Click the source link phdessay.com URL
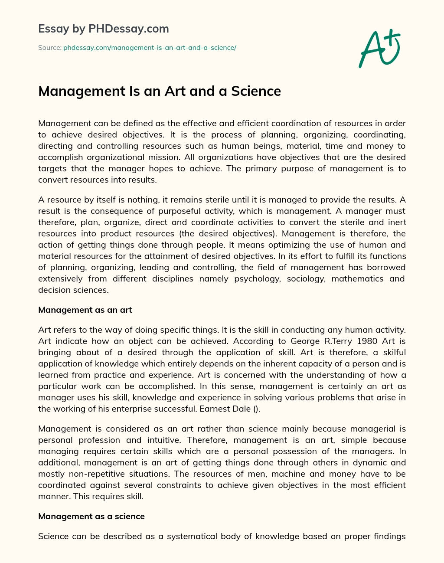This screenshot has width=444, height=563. pyautogui.click(x=150, y=48)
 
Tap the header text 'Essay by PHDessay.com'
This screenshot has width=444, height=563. pyautogui.click(x=104, y=29)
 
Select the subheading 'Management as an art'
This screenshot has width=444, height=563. pyautogui.click(x=85, y=310)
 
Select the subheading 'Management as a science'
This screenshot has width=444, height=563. pyautogui.click(x=91, y=516)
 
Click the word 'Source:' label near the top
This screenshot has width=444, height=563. pyautogui.click(x=50, y=48)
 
